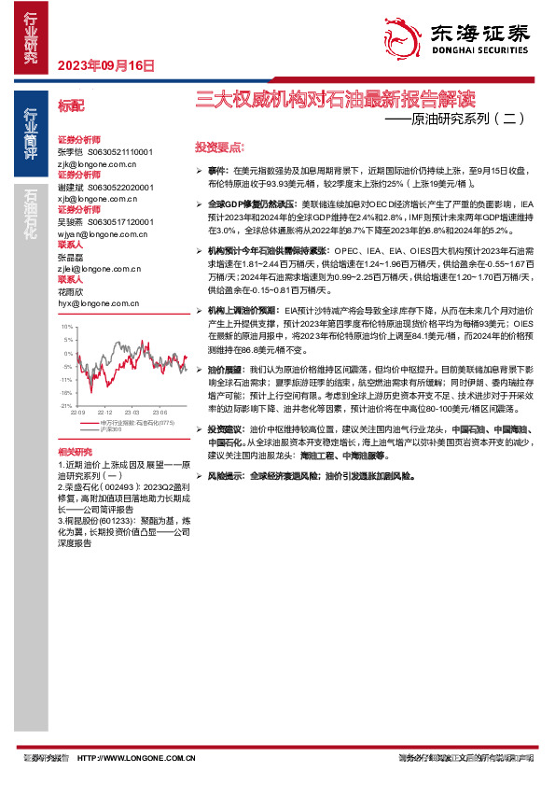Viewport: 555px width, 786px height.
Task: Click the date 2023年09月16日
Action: pos(105,65)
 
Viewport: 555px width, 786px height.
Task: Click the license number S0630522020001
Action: pos(120,187)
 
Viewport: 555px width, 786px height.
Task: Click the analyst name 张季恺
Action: pos(70,151)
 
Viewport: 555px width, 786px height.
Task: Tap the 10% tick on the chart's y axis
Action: pos(67,328)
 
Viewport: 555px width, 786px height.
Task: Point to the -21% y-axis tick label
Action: pos(66,406)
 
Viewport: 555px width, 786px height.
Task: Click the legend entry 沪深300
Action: pos(111,428)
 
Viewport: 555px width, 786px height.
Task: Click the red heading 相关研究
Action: pos(74,451)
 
